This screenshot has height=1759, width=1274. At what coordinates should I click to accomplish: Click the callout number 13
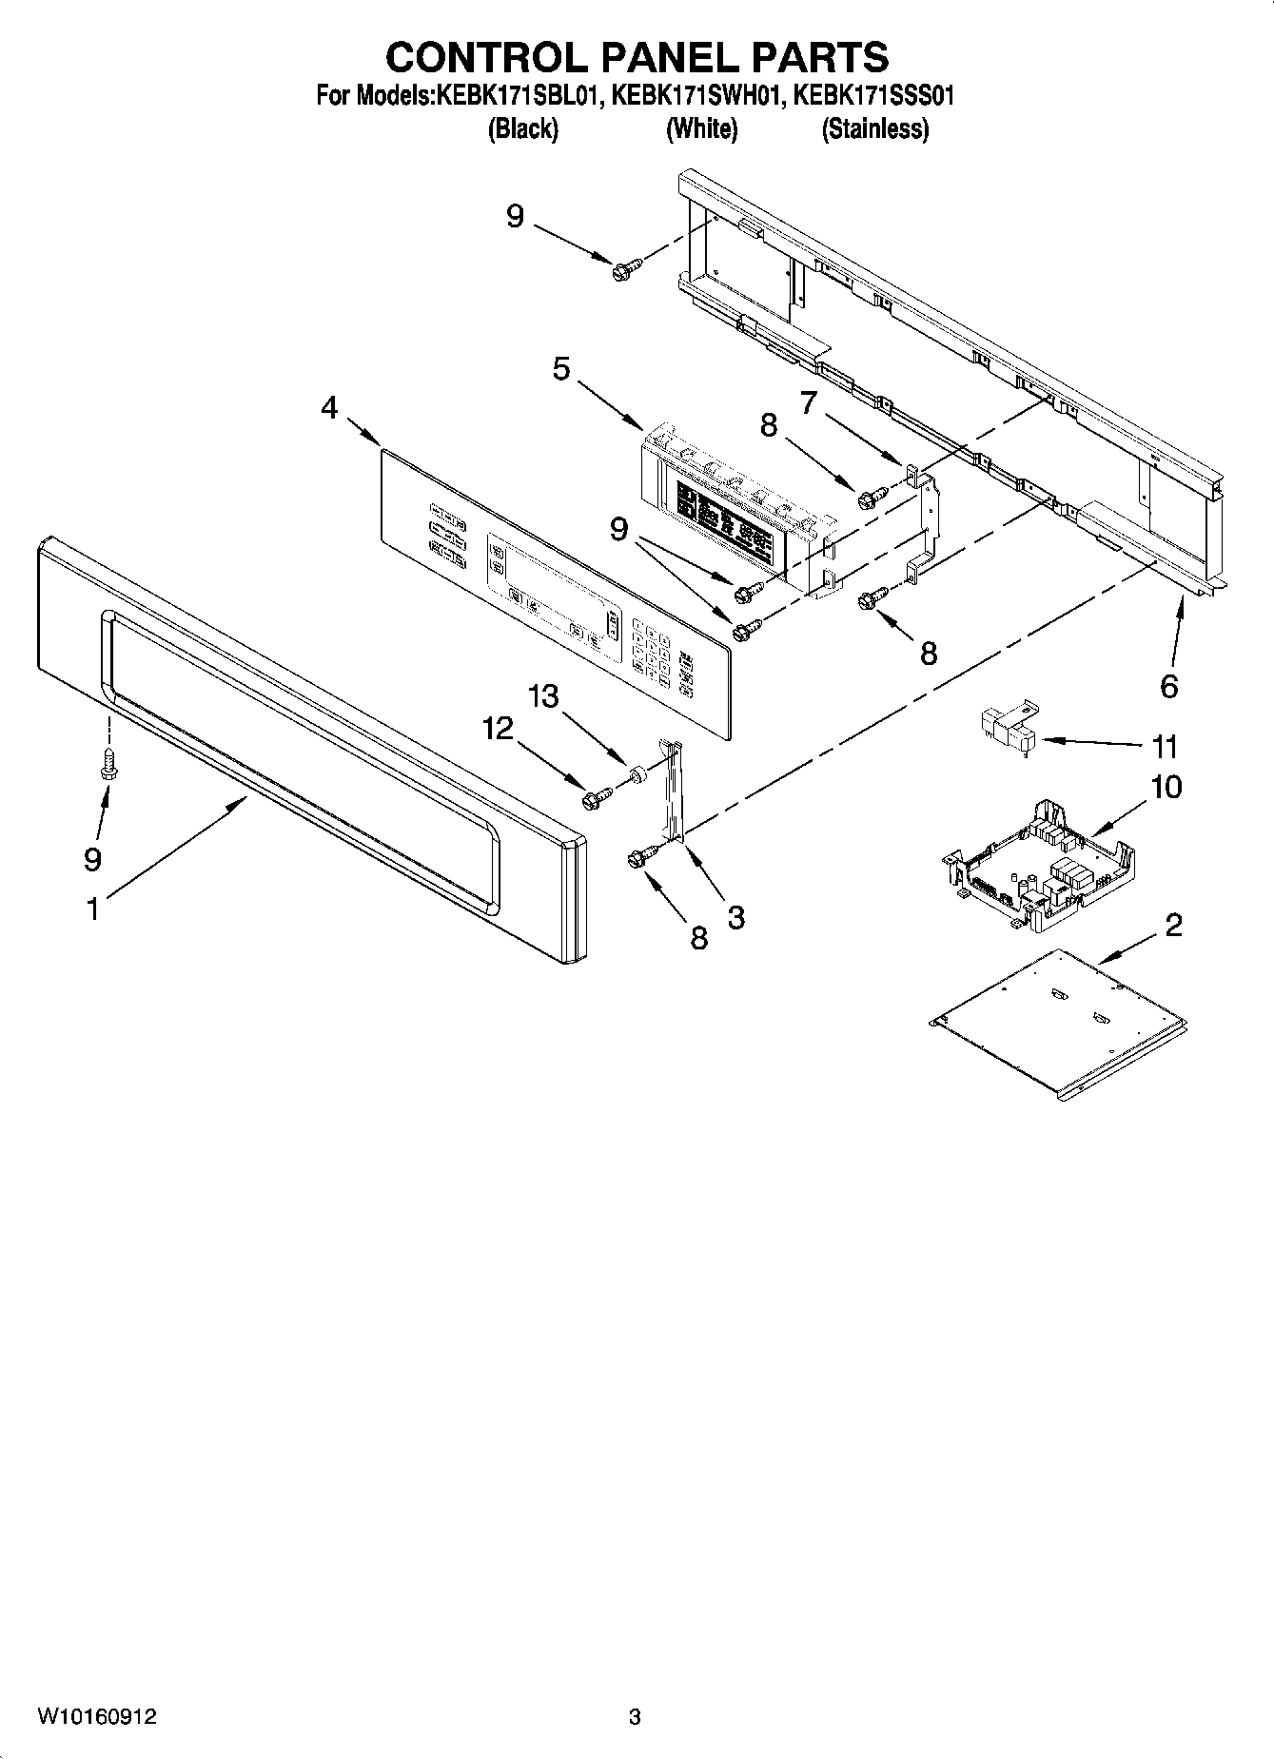tap(544, 696)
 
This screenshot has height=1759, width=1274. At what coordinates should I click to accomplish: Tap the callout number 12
tap(498, 729)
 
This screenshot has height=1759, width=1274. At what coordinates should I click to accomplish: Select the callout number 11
tap(1166, 747)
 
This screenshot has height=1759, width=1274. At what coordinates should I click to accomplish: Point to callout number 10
tap(1166, 788)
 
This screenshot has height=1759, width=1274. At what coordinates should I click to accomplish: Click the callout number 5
tap(561, 368)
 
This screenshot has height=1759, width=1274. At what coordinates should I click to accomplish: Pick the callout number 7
tap(808, 402)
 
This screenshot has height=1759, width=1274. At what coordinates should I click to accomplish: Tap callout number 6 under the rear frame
tap(1168, 686)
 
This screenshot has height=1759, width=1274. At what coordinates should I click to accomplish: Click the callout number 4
tap(329, 408)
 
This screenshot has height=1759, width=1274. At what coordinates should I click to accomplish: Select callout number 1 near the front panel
tap(92, 909)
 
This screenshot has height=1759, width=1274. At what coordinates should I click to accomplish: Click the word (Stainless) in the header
tap(874, 129)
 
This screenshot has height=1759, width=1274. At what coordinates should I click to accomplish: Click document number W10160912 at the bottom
tap(97, 1717)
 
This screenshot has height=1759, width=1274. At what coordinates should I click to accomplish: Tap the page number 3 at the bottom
tap(635, 1717)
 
